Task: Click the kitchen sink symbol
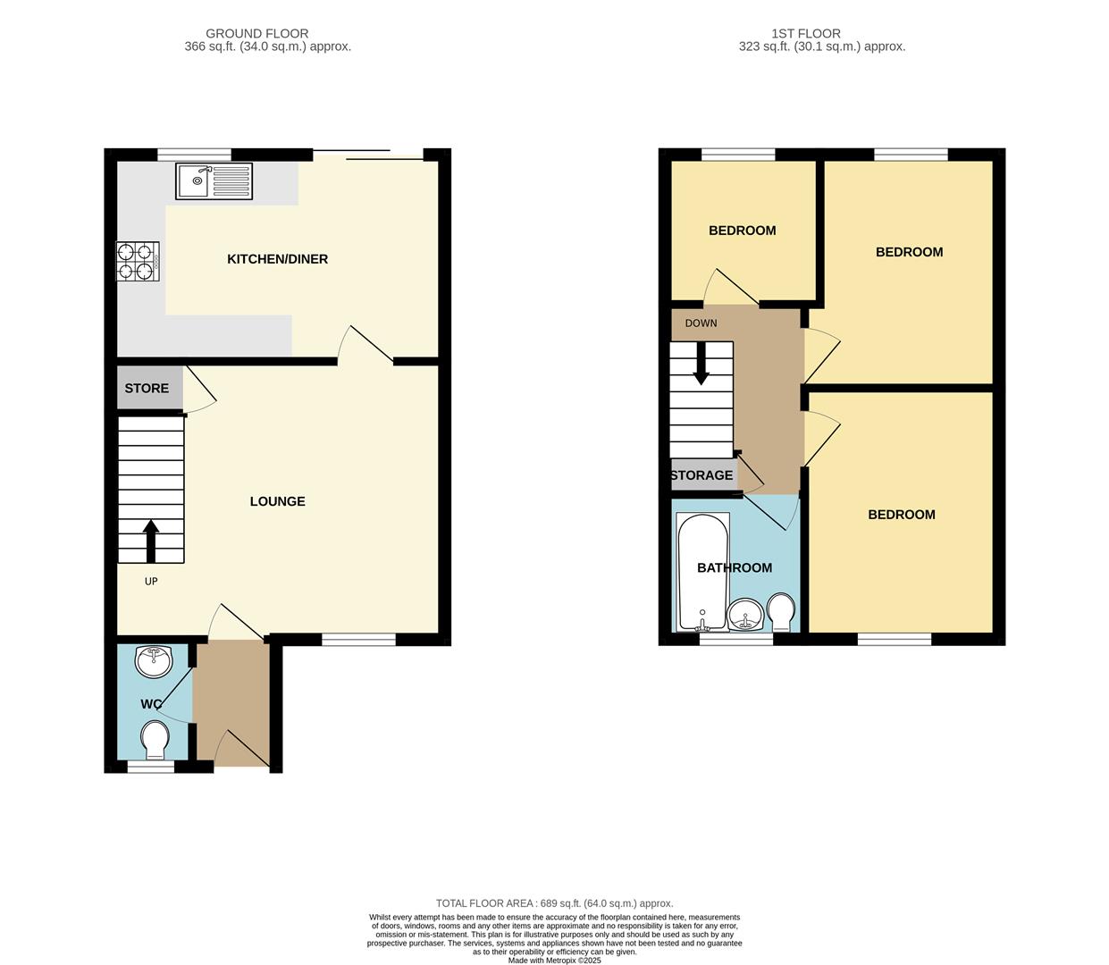point(214,181)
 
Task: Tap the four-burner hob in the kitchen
point(138,261)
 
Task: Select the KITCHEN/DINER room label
point(277,259)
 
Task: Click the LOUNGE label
point(277,501)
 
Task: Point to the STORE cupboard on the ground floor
point(147,389)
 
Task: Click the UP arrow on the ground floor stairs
point(150,541)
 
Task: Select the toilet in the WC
point(155,739)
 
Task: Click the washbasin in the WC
point(154,662)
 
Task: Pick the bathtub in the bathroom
point(702,572)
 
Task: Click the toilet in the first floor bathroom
point(781,612)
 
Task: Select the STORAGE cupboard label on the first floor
point(702,475)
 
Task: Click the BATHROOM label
point(735,567)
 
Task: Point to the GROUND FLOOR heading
point(256,34)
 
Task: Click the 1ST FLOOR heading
point(805,34)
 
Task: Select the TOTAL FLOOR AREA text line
point(554,903)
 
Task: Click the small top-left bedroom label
point(742,231)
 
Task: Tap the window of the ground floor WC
point(150,767)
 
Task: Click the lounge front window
point(358,639)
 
